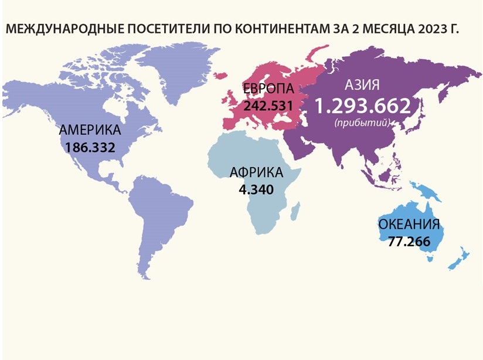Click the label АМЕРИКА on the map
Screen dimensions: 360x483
pos(90,130)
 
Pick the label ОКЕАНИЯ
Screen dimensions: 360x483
pos(409,225)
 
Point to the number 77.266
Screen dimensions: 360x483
pos(409,240)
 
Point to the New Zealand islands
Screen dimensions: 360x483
pos(460,259)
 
